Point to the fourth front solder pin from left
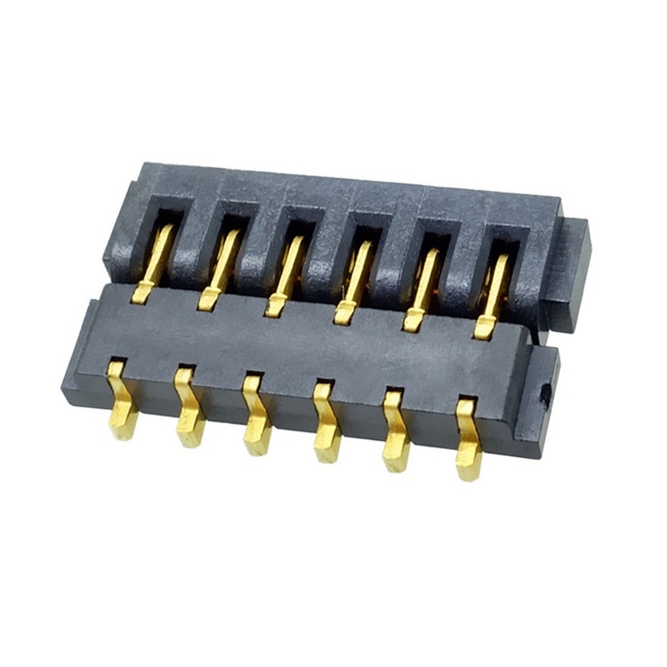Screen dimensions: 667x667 pos(325,424)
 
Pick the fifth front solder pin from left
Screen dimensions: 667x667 pos(396,433)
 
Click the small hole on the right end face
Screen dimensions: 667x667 pos(544,390)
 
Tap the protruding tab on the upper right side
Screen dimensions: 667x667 pos(569,271)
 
